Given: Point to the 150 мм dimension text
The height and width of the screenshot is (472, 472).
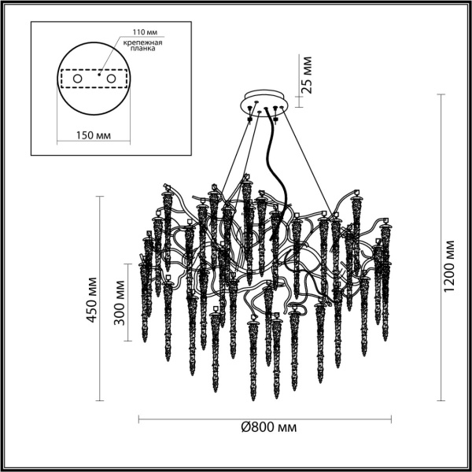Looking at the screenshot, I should point(93,135).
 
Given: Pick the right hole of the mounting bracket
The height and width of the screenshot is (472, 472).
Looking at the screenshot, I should point(111,79).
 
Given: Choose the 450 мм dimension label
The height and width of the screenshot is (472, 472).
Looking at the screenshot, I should point(92,299).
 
